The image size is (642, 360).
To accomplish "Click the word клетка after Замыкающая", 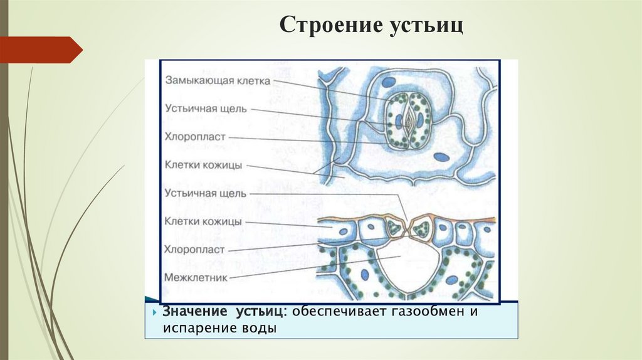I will pyautogui.click(x=253, y=81).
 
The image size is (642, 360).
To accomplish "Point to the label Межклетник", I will pyautogui.click(x=196, y=277).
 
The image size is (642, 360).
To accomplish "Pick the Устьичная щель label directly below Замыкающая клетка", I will pyautogui.click(x=206, y=108).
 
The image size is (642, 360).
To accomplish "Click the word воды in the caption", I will pyautogui.click(x=263, y=328).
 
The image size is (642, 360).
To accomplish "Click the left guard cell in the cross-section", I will pyautogui.click(x=395, y=227).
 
